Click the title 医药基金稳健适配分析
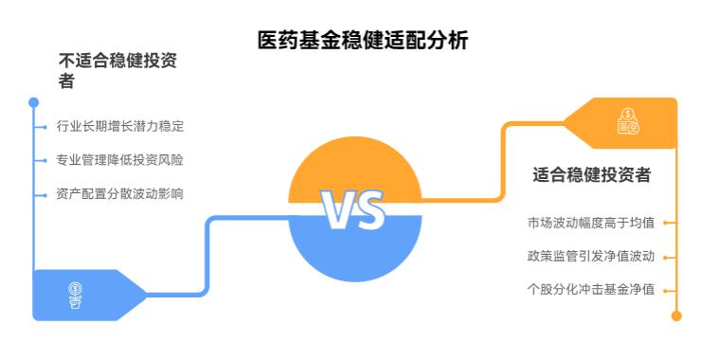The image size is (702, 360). click(x=363, y=41)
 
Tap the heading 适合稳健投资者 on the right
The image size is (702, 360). click(x=591, y=174)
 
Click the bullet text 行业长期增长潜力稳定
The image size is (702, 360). click(x=119, y=126)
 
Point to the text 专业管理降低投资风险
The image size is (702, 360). click(x=119, y=160)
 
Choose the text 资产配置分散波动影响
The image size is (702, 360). click(x=119, y=194)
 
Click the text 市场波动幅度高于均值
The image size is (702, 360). click(x=591, y=224)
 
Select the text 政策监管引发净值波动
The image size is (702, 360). click(x=591, y=256)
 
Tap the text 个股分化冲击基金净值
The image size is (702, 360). click(x=591, y=289)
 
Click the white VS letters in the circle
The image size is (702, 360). click(x=353, y=210)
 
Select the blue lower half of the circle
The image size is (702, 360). click(x=353, y=251)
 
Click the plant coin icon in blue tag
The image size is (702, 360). click(x=75, y=295)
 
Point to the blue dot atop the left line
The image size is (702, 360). click(x=34, y=101)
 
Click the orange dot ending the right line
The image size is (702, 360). click(x=676, y=316)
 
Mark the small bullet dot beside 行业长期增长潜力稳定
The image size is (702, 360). click(x=45, y=127)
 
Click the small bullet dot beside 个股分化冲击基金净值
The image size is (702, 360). click(x=666, y=290)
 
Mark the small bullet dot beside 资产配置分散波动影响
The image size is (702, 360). click(x=45, y=195)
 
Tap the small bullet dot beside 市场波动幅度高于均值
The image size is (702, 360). click(x=666, y=225)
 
